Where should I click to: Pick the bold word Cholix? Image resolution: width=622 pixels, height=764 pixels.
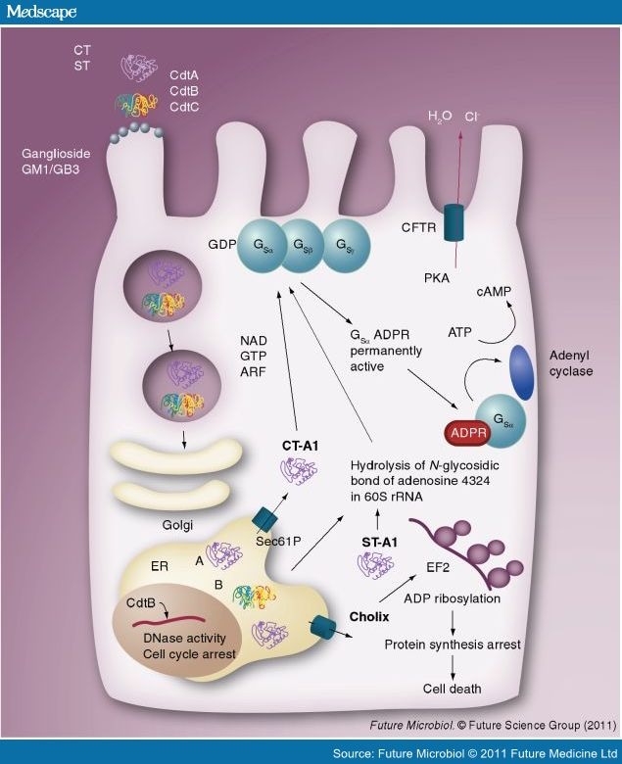point(369,618)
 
